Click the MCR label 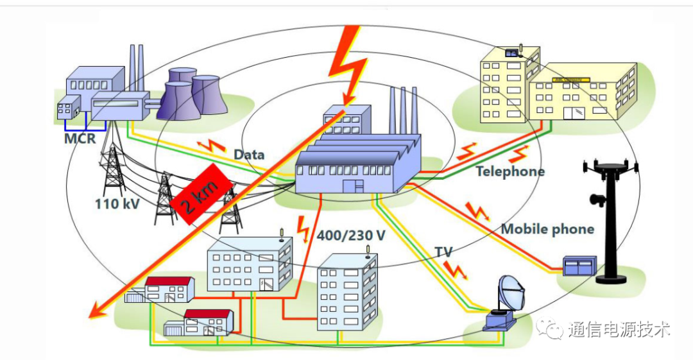pyautogui.click(x=76, y=137)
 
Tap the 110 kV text pyautogui.click(x=115, y=203)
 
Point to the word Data pyautogui.click(x=249, y=155)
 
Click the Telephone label pyautogui.click(x=509, y=171)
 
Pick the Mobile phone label pyautogui.click(x=547, y=229)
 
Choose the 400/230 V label pyautogui.click(x=351, y=235)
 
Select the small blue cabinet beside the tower pyautogui.click(x=579, y=266)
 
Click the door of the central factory pyautogui.click(x=352, y=186)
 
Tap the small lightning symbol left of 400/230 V pyautogui.click(x=304, y=227)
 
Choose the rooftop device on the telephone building pyautogui.click(x=513, y=53)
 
